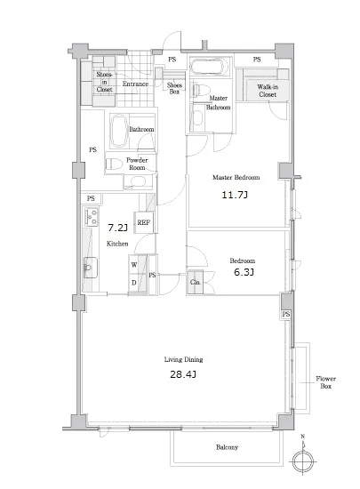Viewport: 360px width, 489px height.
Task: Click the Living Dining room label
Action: click(184, 359)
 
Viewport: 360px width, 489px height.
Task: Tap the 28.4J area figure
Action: click(183, 374)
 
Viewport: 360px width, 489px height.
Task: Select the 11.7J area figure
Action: click(235, 195)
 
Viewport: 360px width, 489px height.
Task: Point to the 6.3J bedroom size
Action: click(244, 272)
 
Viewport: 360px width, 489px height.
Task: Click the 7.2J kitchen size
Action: click(117, 228)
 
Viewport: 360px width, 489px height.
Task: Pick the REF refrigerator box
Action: click(144, 222)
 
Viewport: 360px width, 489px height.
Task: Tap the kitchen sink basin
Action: click(91, 268)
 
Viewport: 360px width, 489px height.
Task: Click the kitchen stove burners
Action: click(92, 216)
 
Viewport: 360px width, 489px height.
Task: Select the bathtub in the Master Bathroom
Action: click(207, 67)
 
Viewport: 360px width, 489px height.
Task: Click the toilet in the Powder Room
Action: click(114, 164)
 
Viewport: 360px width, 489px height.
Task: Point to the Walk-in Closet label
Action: click(268, 91)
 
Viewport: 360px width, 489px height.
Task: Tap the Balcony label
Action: click(227, 447)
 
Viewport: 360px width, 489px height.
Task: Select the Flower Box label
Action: click(325, 382)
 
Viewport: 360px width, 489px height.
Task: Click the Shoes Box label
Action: click(174, 88)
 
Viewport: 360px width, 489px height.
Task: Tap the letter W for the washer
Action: click(134, 265)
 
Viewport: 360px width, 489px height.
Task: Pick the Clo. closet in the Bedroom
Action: click(196, 282)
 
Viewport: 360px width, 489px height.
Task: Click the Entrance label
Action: click(135, 84)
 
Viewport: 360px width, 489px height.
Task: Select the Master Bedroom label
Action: click(236, 178)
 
